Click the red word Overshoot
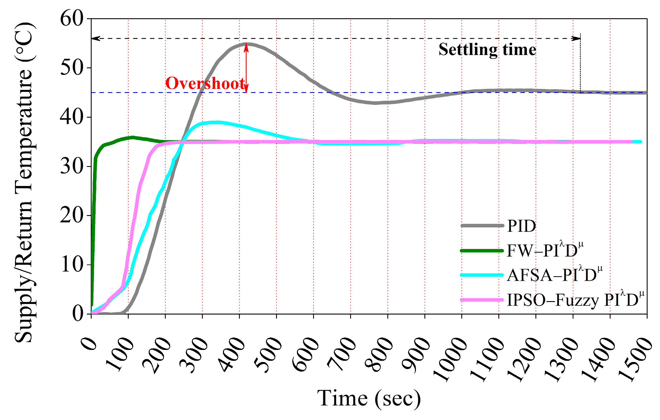tap(205, 83)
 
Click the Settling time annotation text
tap(487, 50)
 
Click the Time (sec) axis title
tap(369, 399)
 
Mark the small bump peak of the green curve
tap(133, 137)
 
